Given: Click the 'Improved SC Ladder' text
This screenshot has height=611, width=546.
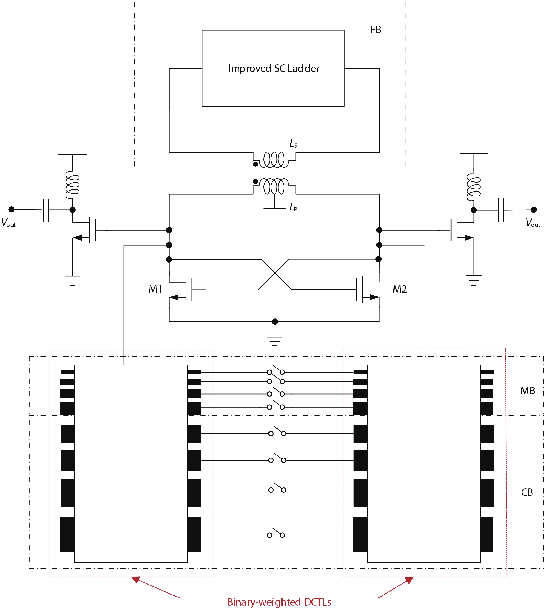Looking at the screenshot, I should tap(273, 69).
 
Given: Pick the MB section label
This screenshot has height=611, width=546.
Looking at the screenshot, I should tap(527, 391).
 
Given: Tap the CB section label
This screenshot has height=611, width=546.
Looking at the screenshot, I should tap(527, 492).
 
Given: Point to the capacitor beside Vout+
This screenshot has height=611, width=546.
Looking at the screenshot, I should tap(46, 210).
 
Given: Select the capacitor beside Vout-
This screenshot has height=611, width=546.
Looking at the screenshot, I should tap(500, 210).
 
